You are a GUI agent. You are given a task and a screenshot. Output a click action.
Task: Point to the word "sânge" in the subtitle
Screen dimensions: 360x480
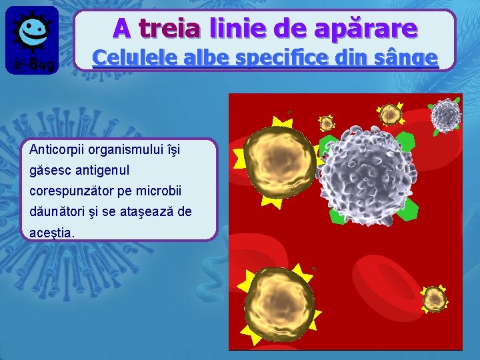click(407, 58)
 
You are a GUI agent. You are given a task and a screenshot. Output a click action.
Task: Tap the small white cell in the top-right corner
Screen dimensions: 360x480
click(445, 115)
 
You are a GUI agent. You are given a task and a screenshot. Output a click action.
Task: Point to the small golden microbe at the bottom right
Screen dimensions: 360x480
click(434, 298)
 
